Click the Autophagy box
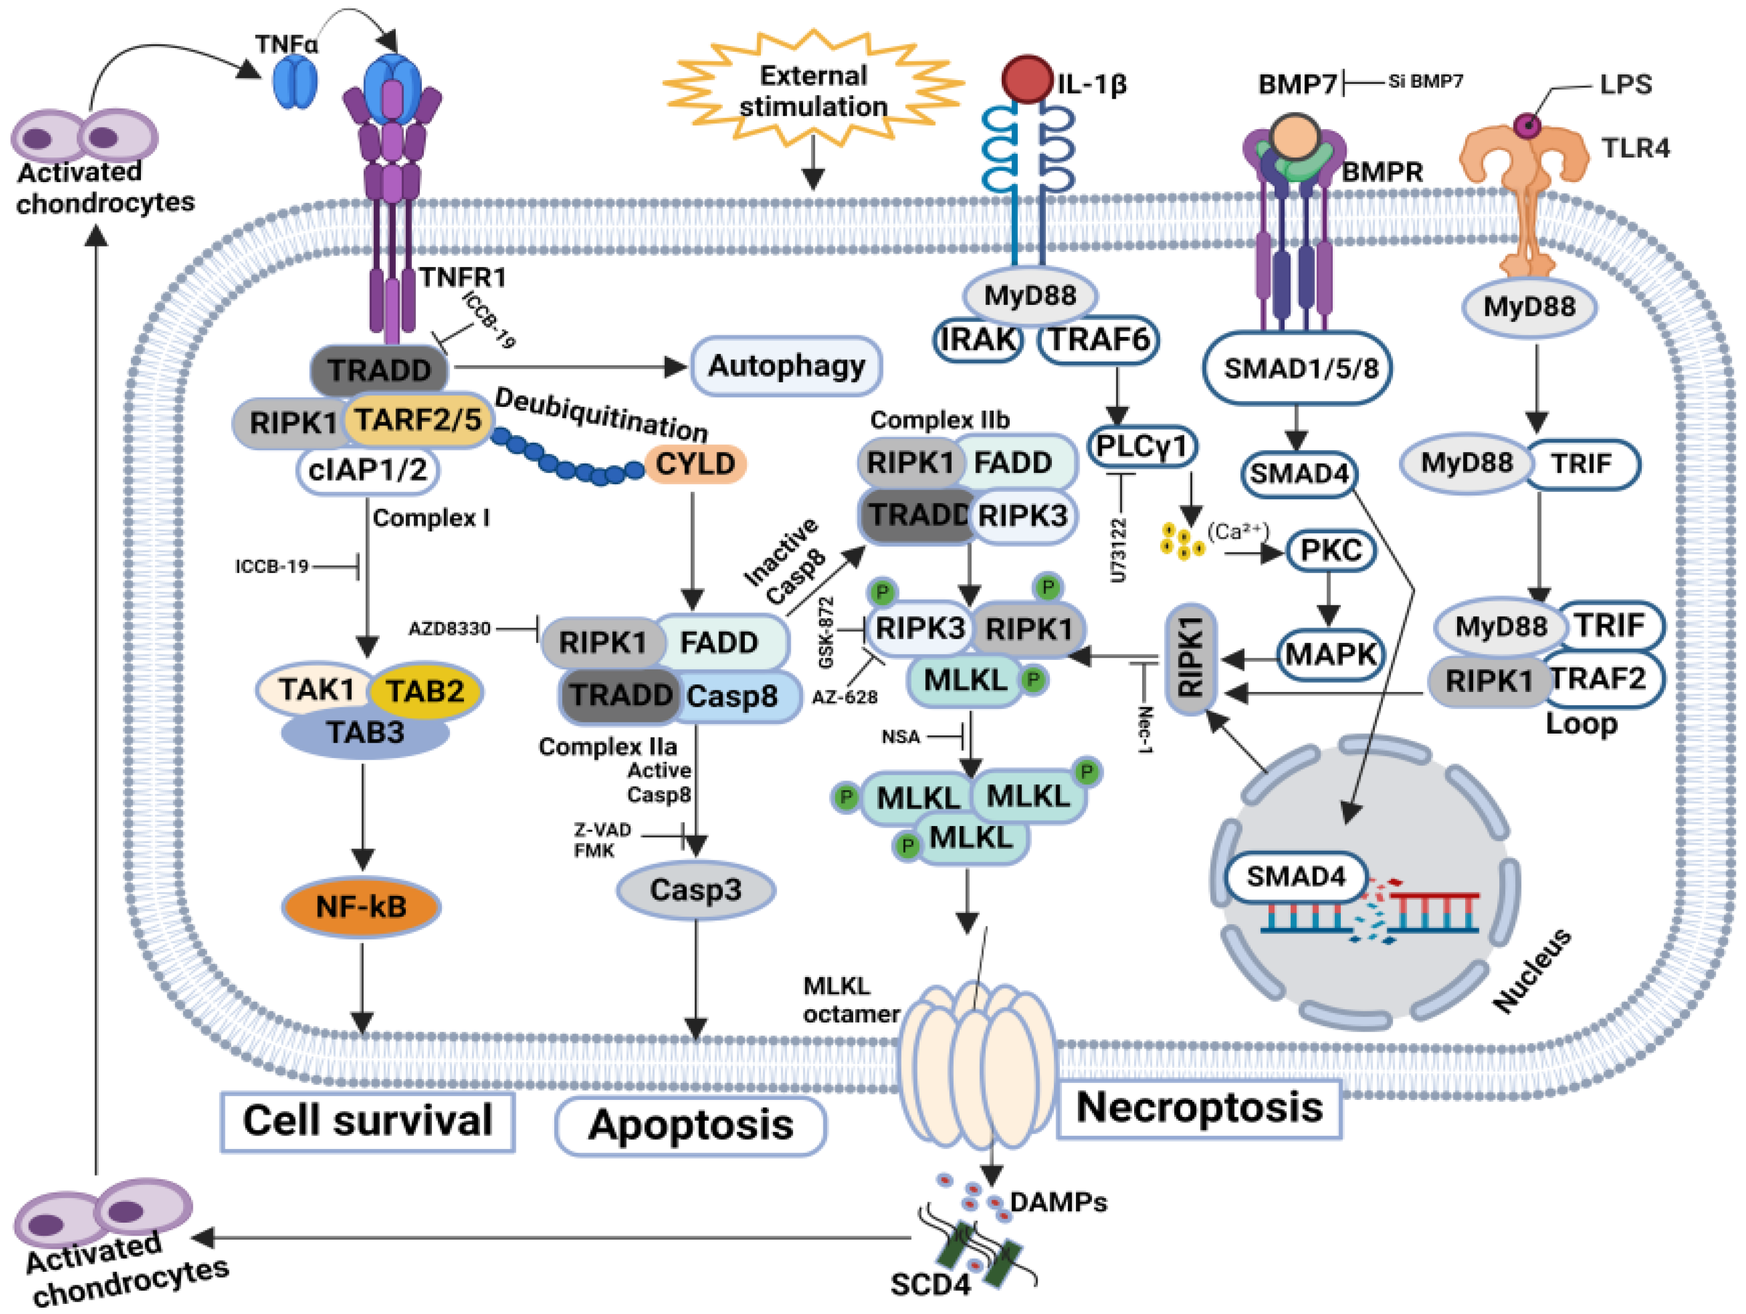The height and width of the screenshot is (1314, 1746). [786, 366]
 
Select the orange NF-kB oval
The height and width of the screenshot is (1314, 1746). [361, 907]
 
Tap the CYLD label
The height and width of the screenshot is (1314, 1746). [695, 464]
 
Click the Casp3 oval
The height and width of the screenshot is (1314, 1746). [695, 890]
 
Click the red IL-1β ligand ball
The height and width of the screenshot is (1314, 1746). [1026, 79]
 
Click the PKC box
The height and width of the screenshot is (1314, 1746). [1331, 550]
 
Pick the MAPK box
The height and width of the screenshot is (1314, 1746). [1331, 654]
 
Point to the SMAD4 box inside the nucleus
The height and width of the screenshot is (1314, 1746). [1295, 876]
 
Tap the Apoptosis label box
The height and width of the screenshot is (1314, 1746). [691, 1126]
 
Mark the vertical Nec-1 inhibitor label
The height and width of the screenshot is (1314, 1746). [1145, 729]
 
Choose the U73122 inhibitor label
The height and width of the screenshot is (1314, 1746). [1119, 551]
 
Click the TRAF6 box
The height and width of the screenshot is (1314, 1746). [1098, 340]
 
